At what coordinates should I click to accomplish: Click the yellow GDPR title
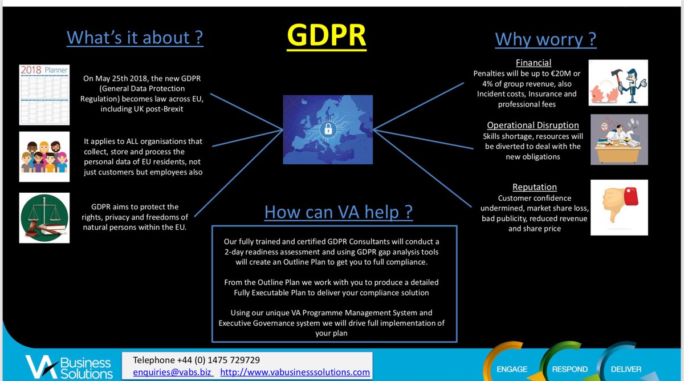[x=327, y=35]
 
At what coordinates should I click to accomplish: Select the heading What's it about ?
[x=135, y=38]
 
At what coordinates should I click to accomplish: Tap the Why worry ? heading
[x=545, y=39]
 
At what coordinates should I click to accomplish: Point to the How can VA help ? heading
[x=339, y=212]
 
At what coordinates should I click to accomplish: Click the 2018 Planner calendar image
[x=44, y=95]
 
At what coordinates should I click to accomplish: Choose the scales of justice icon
[x=44, y=218]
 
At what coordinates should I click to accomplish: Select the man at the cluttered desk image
[x=619, y=140]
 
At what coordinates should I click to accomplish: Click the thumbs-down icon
[x=619, y=207]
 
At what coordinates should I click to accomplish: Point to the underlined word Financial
[x=534, y=63]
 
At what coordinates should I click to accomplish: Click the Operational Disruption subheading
[x=533, y=125]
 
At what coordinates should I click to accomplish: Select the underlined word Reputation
[x=534, y=187]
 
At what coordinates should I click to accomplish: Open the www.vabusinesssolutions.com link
[x=295, y=372]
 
